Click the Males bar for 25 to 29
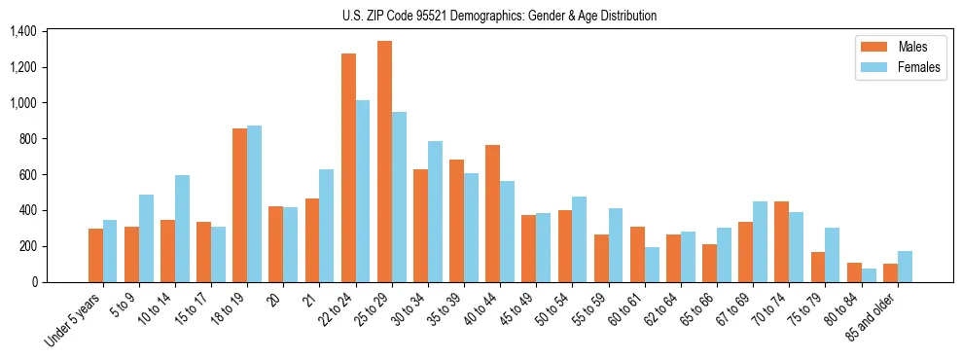tap(384, 162)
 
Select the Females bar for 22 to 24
tap(363, 191)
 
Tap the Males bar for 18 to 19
tap(239, 205)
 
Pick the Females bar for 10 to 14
tap(182, 229)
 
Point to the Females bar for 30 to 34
tap(435, 211)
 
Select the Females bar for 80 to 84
tap(868, 275)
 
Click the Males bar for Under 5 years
tap(95, 255)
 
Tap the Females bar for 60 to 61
tap(652, 265)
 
